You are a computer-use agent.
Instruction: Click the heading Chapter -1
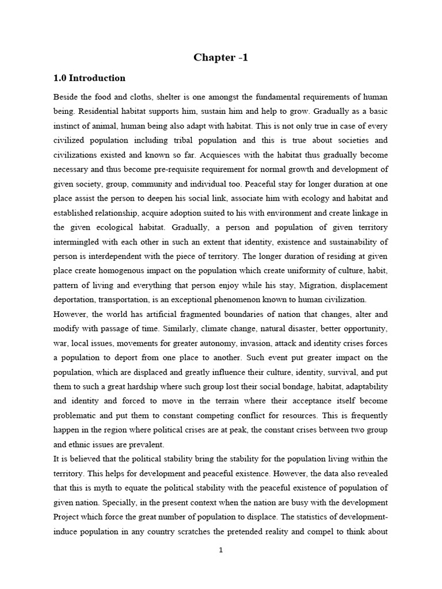[x=221, y=57]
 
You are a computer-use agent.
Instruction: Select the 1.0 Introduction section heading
[x=89, y=78]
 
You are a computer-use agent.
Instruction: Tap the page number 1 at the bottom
[x=220, y=550]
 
